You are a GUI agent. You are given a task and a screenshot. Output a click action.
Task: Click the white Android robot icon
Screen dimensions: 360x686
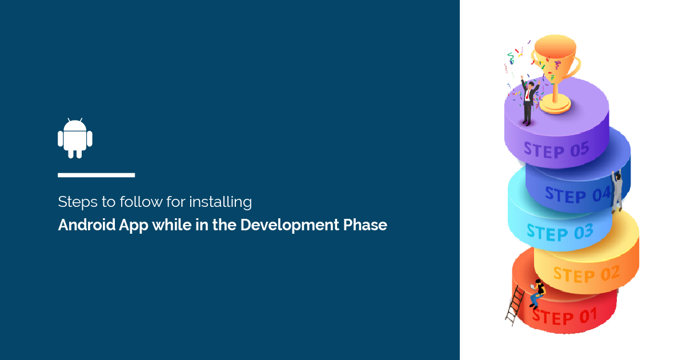pos(75,138)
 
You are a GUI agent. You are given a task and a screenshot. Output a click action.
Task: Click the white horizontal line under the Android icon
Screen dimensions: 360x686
pos(96,175)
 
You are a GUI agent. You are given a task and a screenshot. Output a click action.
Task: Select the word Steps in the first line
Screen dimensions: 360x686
pos(73,202)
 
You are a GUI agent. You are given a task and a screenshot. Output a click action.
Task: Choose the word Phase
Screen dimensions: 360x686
pos(365,225)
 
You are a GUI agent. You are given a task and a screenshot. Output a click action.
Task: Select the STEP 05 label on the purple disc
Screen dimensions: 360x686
pos(556,150)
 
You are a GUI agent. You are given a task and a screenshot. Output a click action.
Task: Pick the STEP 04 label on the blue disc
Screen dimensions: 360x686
pos(577,194)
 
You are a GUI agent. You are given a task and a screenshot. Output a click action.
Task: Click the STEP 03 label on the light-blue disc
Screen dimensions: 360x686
pos(560,232)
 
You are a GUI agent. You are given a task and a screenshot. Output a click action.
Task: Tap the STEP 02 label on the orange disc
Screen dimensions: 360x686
pos(586,275)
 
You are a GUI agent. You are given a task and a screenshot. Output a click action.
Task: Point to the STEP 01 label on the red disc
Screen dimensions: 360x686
pos(564,315)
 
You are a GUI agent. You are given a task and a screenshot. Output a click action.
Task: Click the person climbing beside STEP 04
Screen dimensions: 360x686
pos(617,192)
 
